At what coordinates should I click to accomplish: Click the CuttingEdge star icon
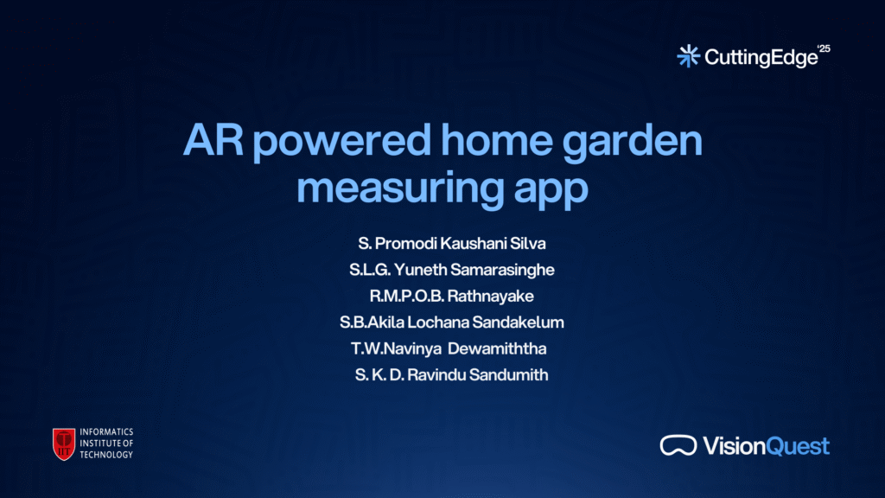(688, 56)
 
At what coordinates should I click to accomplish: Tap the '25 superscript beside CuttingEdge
(824, 49)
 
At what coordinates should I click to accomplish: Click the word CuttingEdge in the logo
(761, 58)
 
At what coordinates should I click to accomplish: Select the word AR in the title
(213, 139)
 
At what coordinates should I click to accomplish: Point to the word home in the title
(497, 139)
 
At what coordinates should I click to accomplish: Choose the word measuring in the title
(400, 189)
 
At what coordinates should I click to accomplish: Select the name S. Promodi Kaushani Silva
(451, 243)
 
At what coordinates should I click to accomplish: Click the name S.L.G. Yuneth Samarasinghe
(451, 270)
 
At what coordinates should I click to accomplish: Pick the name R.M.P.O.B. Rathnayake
(451, 296)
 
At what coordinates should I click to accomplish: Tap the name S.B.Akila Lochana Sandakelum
(451, 322)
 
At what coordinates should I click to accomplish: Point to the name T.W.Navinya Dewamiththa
(449, 348)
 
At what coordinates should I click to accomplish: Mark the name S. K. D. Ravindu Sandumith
(451, 375)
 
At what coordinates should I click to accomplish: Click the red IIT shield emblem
(64, 444)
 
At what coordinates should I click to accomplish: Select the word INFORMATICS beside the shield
(106, 432)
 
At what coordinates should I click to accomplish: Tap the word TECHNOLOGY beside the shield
(106, 455)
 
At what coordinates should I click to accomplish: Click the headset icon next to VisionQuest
(678, 445)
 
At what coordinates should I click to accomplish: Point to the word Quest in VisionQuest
(798, 446)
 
